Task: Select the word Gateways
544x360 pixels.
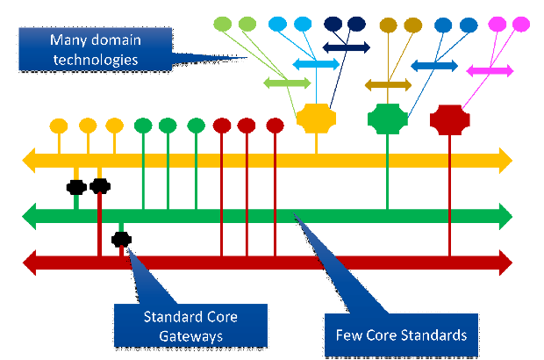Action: click(190, 335)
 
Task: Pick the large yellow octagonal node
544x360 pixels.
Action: click(317, 119)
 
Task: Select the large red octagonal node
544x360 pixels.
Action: click(450, 119)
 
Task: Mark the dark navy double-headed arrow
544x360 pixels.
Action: click(346, 47)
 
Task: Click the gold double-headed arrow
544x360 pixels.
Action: click(388, 85)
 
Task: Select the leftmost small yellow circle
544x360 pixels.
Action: click(58, 125)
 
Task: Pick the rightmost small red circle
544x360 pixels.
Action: click(275, 125)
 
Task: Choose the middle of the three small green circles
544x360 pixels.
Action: click(168, 125)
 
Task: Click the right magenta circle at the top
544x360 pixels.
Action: click(520, 23)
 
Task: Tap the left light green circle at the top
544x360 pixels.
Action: click(222, 23)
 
